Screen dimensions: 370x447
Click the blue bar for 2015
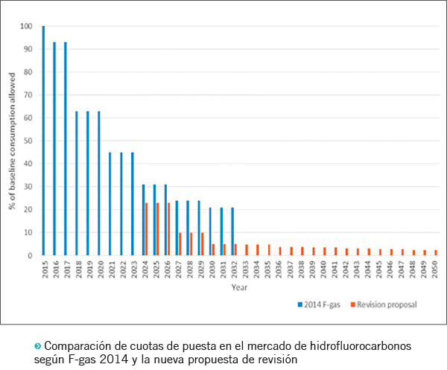[x=43, y=141]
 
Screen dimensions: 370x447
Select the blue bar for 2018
[x=77, y=183]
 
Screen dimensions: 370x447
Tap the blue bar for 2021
[x=110, y=204]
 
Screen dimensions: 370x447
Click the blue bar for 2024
[x=143, y=220]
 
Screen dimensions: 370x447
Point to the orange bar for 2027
[x=180, y=244]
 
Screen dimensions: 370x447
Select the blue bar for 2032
[x=232, y=232]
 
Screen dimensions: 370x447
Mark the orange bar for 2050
[x=436, y=252]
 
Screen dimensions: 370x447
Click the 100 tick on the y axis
[x=28, y=27]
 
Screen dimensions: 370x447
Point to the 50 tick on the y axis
[x=28, y=141]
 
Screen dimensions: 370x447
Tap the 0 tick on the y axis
[x=31, y=255]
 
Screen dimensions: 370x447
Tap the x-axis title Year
[x=239, y=287]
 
